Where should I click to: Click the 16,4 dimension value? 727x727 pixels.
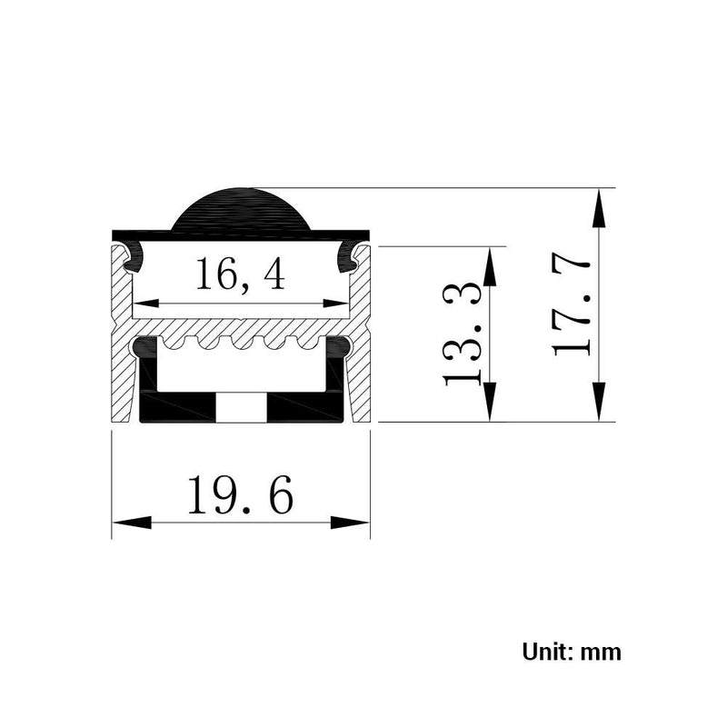[240, 274]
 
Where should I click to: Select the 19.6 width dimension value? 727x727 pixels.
[240, 494]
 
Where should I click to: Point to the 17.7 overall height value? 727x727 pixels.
[572, 306]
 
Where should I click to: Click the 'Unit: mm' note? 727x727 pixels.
[572, 652]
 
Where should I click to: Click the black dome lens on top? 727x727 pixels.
[241, 210]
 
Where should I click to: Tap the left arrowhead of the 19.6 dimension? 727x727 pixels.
[132, 523]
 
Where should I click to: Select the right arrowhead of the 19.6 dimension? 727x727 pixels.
[350, 523]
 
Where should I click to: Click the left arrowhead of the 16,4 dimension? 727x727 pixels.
[146, 304]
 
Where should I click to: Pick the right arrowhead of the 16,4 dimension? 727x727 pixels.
[335, 304]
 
